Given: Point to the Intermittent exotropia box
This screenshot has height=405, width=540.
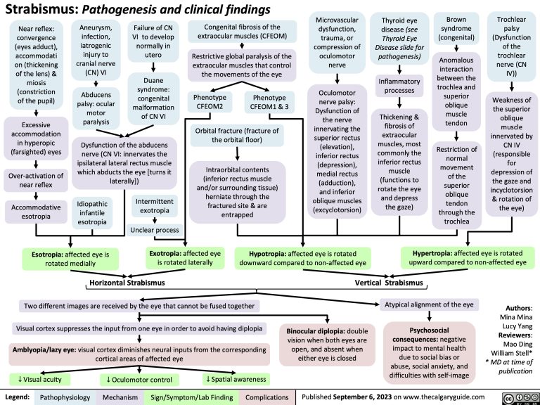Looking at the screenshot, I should pyautogui.click(x=154, y=206).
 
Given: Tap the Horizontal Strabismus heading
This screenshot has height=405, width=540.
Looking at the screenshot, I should pyautogui.click(x=124, y=283).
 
